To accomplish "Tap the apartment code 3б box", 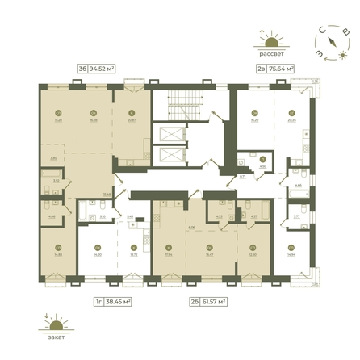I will click(82, 69).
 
